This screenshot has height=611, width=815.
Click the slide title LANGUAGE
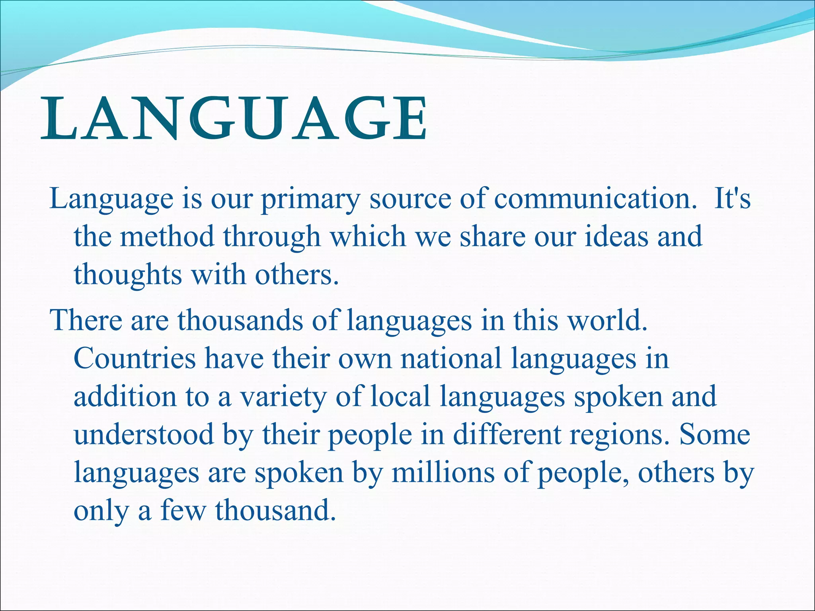coord(234,119)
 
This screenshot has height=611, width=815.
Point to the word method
coord(167,236)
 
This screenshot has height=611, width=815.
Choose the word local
coord(400,397)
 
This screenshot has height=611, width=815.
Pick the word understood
coord(144,434)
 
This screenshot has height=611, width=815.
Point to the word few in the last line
coord(183,511)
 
